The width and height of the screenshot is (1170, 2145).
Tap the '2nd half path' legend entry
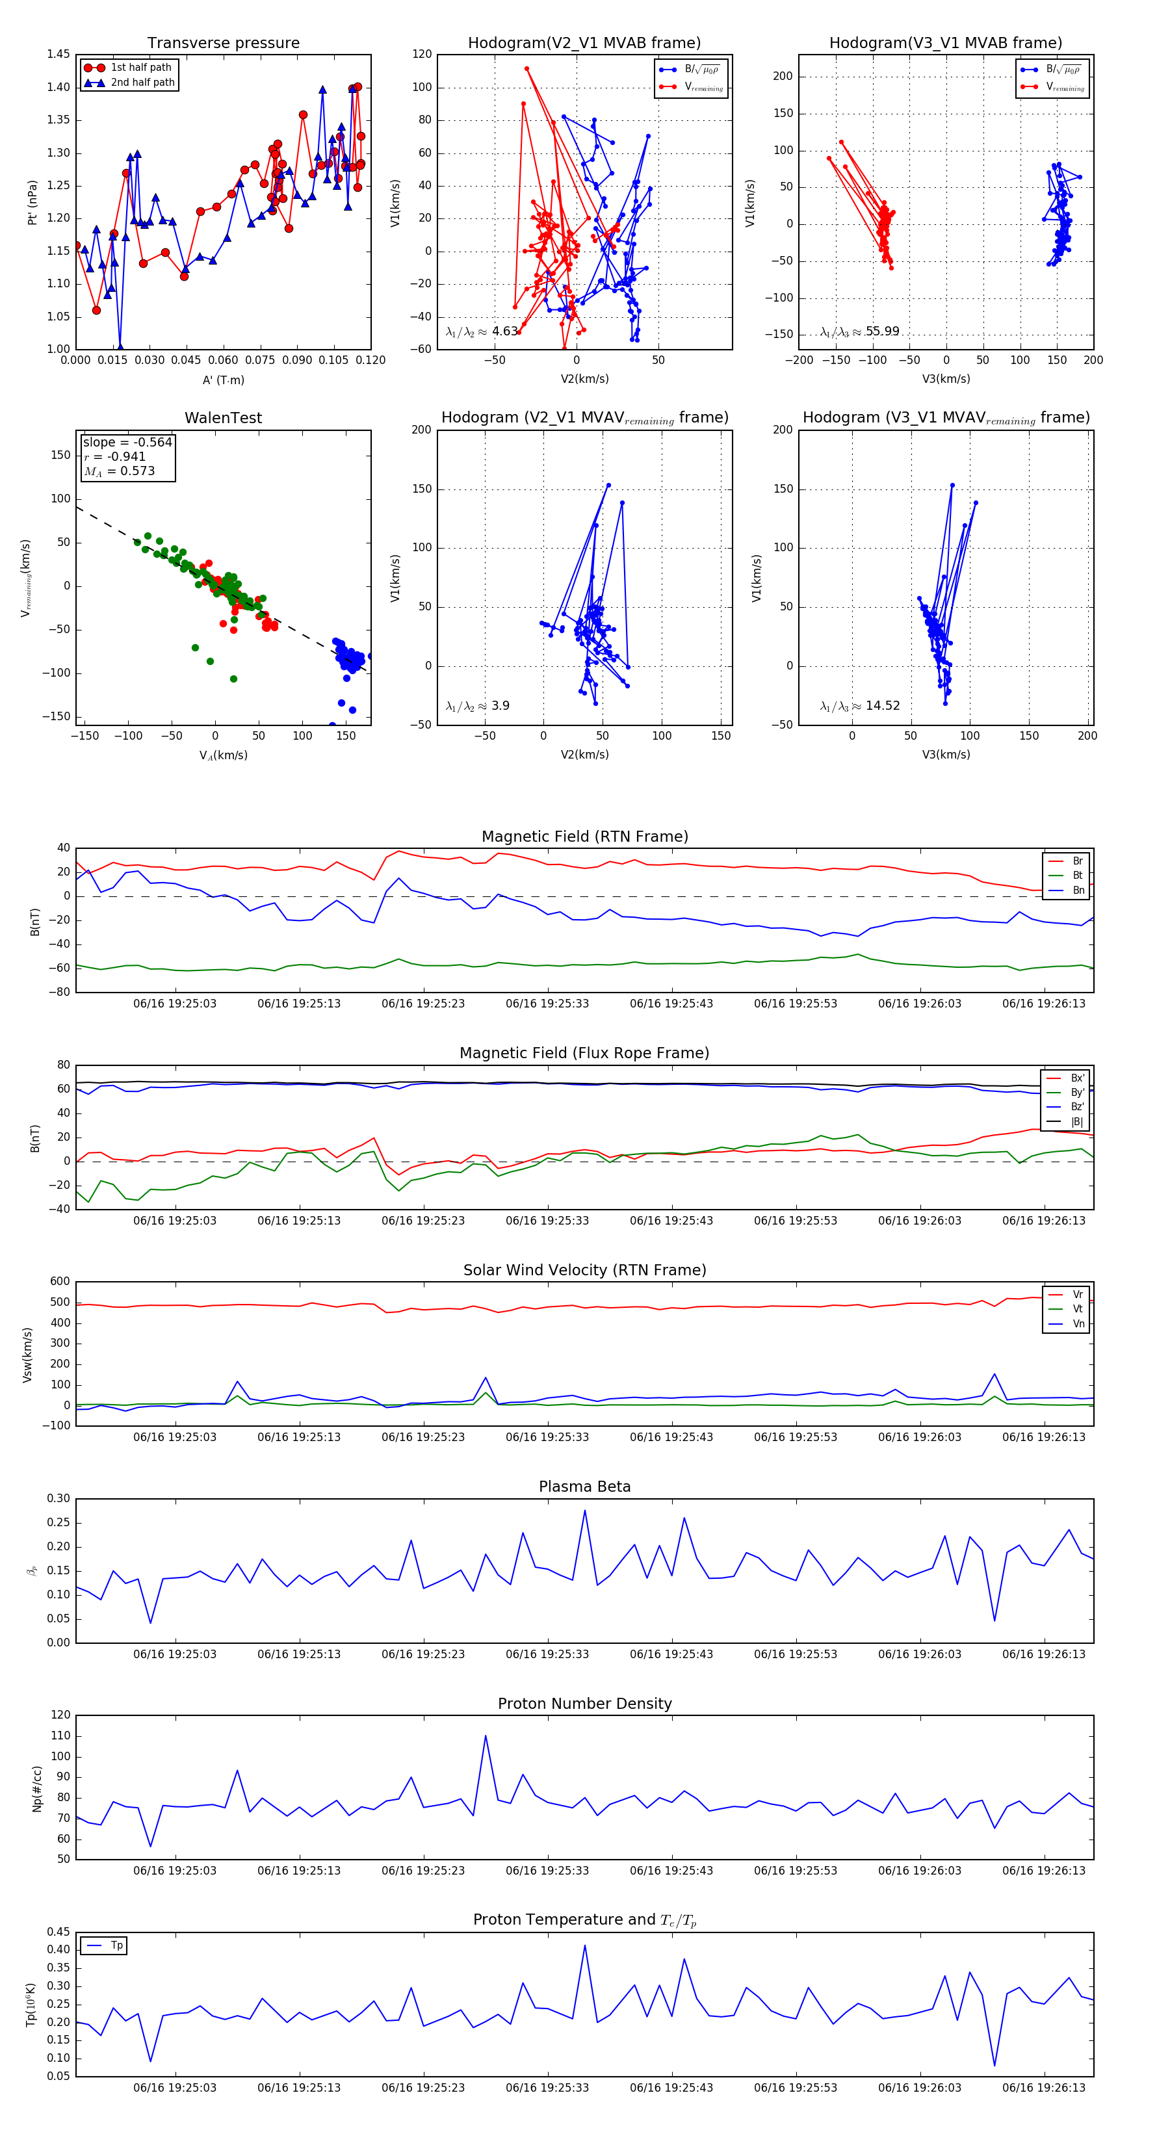click(142, 83)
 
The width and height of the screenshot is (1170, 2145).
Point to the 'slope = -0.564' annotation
click(127, 442)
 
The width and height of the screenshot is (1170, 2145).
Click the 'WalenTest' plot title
click(223, 418)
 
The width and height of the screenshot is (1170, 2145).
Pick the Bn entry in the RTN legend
click(1078, 890)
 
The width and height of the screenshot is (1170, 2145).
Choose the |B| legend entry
click(1077, 1122)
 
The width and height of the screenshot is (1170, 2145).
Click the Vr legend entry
click(1078, 1295)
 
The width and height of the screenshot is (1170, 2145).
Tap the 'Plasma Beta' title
click(584, 1487)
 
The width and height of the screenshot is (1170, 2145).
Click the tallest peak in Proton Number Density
click(486, 1736)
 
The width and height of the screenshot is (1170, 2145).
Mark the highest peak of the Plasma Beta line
click(584, 1511)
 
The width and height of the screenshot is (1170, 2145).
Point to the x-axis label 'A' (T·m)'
click(223, 380)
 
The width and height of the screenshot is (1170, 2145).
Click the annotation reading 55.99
click(883, 331)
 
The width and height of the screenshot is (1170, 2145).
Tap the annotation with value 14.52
click(883, 706)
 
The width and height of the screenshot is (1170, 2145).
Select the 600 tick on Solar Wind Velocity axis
click(60, 1282)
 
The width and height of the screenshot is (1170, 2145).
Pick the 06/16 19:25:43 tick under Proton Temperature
click(671, 2088)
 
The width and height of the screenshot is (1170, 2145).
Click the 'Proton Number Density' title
click(584, 1704)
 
